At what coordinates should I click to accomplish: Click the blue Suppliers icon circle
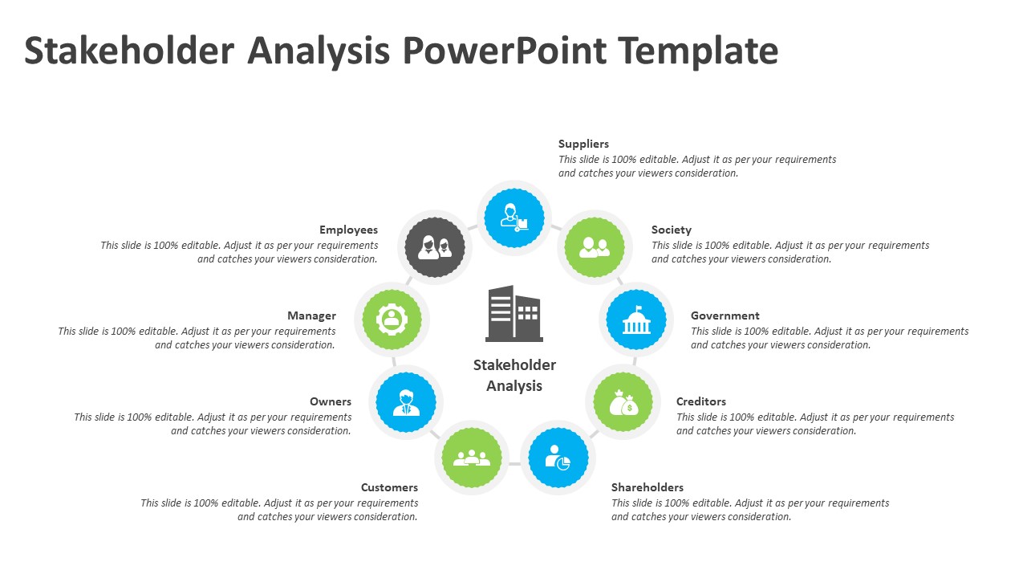[x=514, y=218]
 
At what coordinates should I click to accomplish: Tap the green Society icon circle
[x=595, y=247]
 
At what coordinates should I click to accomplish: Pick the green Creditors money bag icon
[x=623, y=401]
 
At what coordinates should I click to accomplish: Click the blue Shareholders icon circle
[x=558, y=458]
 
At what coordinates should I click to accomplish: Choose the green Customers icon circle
[x=472, y=458]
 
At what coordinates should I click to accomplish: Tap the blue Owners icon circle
[x=406, y=401]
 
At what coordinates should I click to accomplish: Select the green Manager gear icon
[x=392, y=320]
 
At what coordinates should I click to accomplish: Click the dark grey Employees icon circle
[x=435, y=247]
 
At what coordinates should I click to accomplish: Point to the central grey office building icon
[x=513, y=314]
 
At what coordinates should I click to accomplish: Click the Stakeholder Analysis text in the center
[x=514, y=375]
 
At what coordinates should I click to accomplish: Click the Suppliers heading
[x=583, y=144]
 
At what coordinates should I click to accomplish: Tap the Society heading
[x=671, y=230]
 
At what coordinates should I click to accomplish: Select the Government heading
[x=725, y=316]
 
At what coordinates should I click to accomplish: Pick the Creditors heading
[x=700, y=402]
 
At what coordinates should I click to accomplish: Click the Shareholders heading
[x=647, y=488]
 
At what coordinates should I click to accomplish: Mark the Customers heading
[x=389, y=488]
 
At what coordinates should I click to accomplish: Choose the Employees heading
[x=348, y=230]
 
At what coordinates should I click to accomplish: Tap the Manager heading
[x=311, y=316]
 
